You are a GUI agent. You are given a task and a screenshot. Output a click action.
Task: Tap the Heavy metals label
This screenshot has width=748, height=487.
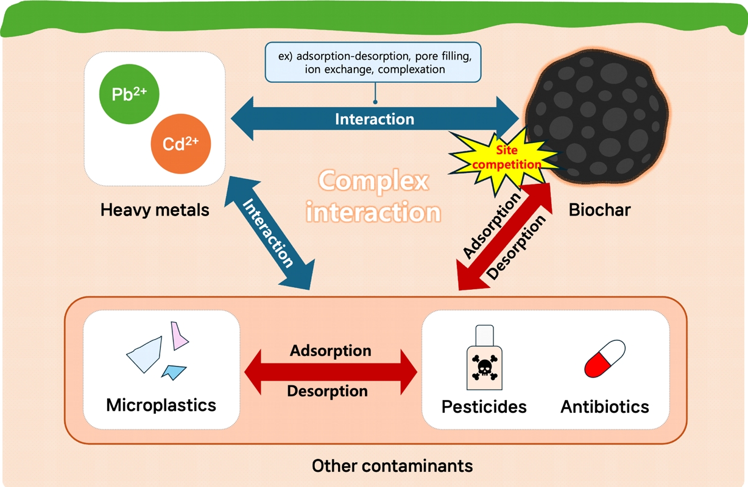(x=155, y=211)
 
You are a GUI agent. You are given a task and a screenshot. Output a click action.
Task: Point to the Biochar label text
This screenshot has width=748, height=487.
(x=599, y=211)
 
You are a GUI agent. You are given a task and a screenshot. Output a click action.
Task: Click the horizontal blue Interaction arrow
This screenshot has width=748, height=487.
(x=374, y=119)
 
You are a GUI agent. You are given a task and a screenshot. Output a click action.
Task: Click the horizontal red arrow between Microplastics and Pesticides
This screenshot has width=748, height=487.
(x=330, y=371)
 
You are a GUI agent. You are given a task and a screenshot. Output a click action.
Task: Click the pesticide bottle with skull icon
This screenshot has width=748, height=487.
(x=484, y=359)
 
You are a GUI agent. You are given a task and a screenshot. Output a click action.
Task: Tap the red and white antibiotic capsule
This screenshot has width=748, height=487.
(x=604, y=359)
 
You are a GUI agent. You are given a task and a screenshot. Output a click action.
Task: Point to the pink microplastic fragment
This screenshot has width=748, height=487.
(x=180, y=335)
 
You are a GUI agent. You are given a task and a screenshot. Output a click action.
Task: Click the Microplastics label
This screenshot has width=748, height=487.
(x=161, y=405)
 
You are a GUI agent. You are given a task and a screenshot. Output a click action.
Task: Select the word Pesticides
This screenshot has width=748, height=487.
(x=484, y=406)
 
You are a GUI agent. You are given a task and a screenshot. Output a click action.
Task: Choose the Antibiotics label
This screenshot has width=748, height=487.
(x=604, y=406)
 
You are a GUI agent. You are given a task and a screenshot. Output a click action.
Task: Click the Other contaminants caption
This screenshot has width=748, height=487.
(x=392, y=466)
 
